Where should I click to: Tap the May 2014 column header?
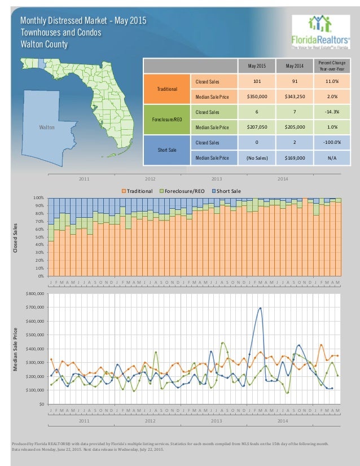coord(294,66)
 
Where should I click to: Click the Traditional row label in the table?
coord(167,89)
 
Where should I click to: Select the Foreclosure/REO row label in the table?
coord(167,120)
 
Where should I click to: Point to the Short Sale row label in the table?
coord(167,151)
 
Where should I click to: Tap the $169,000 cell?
coord(294,158)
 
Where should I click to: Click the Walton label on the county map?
coord(46,128)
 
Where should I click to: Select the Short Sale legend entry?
coord(231,191)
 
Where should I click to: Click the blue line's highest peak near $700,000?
coord(260,308)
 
